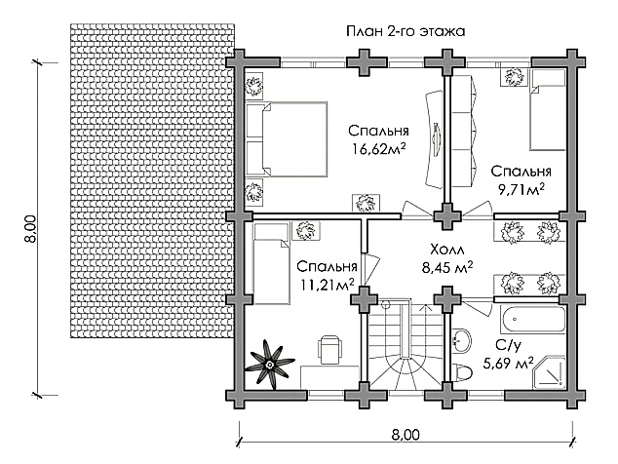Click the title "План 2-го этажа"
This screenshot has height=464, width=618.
coord(406,31)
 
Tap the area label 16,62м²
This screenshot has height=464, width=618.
coord(379,149)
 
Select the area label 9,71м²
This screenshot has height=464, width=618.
coord(521,190)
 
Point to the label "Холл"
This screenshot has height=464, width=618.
coord(447,250)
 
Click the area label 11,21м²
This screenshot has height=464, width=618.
coord(328,285)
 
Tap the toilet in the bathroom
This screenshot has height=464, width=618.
coord(462,371)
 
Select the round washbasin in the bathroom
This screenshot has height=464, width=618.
coord(461,340)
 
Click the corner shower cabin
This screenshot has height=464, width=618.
coord(549,371)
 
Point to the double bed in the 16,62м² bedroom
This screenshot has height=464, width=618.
coord(287,138)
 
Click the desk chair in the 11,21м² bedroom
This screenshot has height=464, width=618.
coord(329,349)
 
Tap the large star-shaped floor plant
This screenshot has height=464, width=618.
coord(270,365)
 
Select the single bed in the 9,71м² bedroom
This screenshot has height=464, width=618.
coord(548,110)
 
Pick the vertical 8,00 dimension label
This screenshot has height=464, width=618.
coord(32,229)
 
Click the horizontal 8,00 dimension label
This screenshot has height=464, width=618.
coord(406,435)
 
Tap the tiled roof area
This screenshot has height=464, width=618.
coord(153,180)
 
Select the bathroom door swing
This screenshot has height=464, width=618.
coord(477,306)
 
